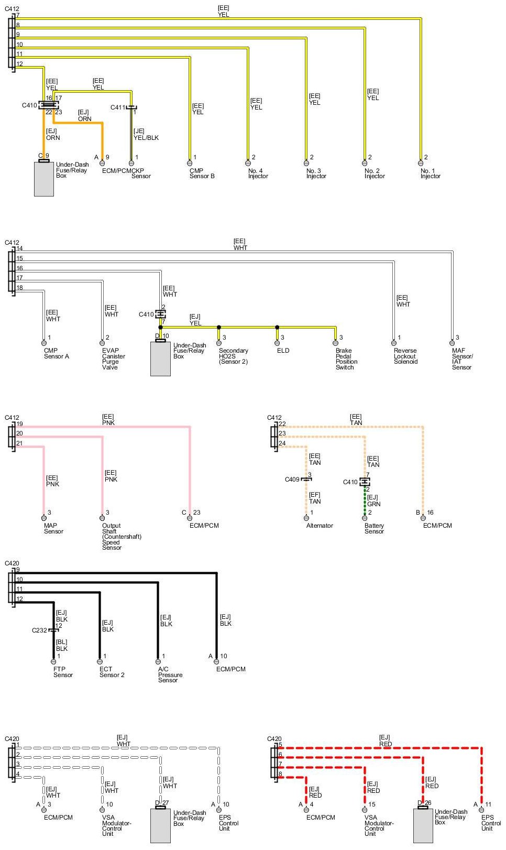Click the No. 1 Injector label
pos(430,173)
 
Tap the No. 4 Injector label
pos(258,173)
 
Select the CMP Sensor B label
pos(202,173)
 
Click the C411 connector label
pos(118,107)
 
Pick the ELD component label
pos(283,351)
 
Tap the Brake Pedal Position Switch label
pos(346,359)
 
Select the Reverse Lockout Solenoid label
pos(405,356)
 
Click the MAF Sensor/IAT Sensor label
pos(462,359)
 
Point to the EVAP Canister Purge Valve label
pos(114,359)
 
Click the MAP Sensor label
pos(53,528)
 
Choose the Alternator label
pos(320,526)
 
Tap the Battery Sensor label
pos(374,528)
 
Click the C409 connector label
pos(292,480)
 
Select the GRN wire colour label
pos(373,504)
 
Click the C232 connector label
pos(39,630)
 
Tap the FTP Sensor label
pos(63,672)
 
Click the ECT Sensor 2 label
pos(112,672)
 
